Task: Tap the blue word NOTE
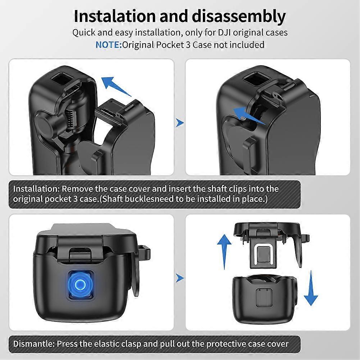coord(108,45)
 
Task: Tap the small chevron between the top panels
coord(179,123)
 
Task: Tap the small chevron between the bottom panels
coord(179,278)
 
